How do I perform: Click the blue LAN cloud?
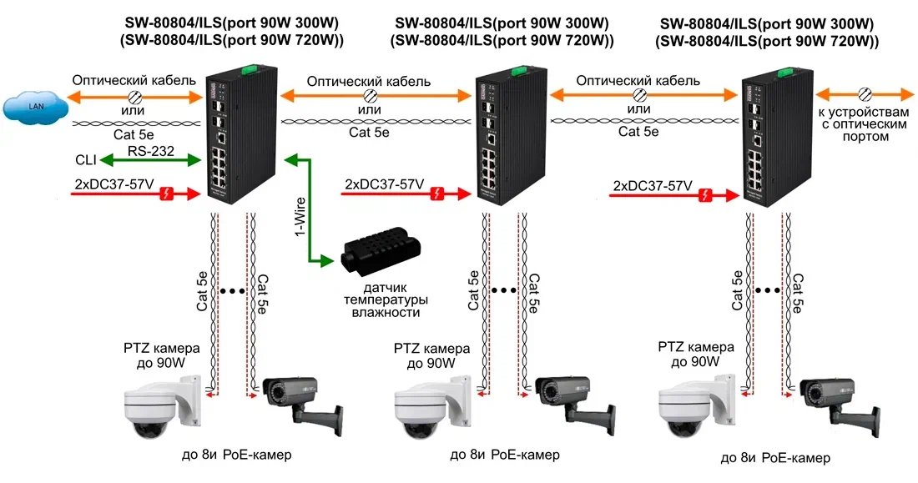33,106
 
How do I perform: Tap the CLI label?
85,160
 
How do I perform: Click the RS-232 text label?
151,151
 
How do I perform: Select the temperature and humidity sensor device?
380,249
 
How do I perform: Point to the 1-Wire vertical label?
299,217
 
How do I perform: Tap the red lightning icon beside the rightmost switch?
707,195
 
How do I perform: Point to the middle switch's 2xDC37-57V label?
385,184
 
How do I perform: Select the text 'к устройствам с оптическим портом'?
865,124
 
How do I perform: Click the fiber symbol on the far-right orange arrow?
865,93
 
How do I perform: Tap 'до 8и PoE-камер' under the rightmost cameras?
775,458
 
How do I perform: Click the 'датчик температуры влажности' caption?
386,299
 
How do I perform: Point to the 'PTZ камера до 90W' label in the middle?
432,356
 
